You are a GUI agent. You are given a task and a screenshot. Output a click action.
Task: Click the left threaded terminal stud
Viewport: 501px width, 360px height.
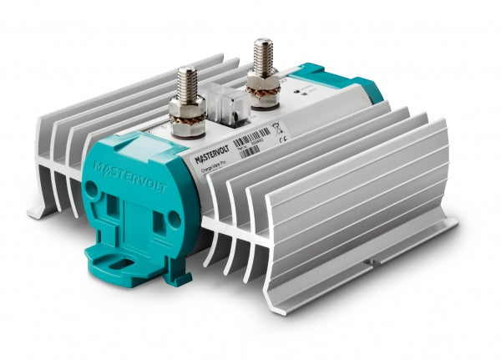tap(186, 84)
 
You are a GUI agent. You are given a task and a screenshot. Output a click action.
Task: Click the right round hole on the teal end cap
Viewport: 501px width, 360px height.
tap(174, 218)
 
